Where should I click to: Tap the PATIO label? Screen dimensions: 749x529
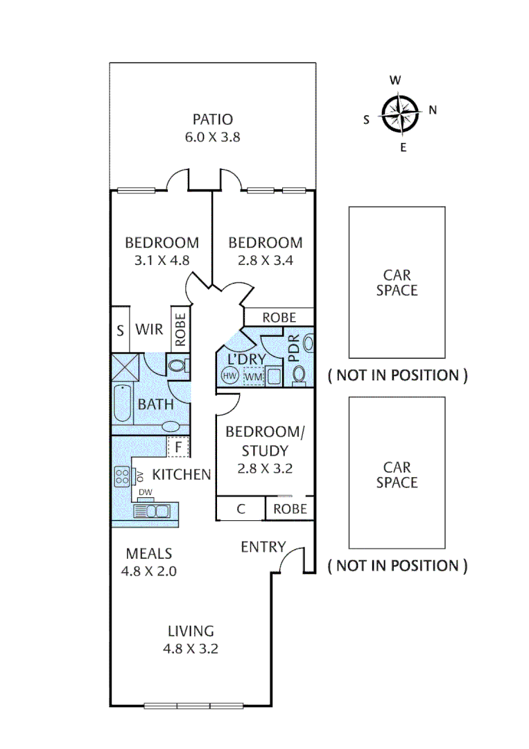212,119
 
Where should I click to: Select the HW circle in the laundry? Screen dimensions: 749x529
229,376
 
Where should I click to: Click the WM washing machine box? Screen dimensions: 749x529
253,377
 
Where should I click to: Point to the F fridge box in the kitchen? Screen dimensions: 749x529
178,447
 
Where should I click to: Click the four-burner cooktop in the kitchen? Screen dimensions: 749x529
123,476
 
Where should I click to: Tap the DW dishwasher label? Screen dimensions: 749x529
145,492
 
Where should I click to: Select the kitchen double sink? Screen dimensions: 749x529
152,512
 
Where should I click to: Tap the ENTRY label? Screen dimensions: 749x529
263,547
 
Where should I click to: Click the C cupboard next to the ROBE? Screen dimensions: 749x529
241,509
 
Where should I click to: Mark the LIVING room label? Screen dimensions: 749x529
191,631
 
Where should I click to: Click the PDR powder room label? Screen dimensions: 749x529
293,350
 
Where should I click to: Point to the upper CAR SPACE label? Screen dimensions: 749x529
397,282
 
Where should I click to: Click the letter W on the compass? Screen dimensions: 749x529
395,80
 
